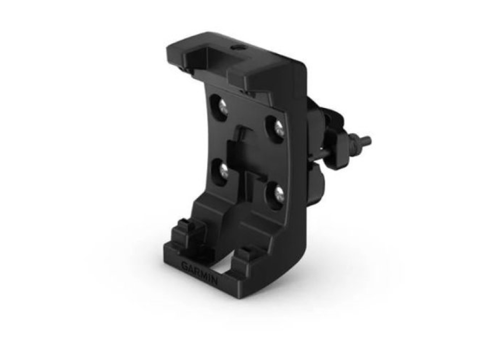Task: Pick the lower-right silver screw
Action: pyautogui.click(x=278, y=194)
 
